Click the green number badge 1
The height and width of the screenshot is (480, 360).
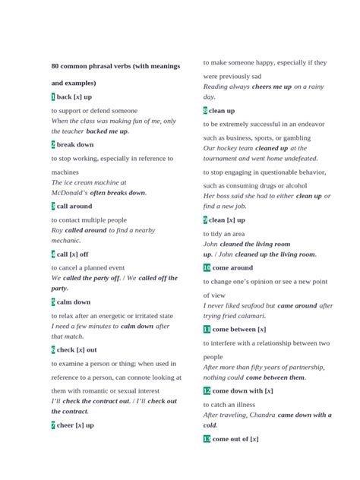53,97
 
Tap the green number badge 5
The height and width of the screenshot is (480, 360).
53,302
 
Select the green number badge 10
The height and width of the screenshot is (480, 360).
207,268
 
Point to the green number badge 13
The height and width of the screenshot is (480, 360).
207,439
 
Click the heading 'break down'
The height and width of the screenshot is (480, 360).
75,144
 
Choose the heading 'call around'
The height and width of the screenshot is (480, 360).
74,206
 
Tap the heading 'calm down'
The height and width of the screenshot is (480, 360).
74,302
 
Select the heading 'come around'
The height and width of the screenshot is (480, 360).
233,268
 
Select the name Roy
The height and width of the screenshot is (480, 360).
57,229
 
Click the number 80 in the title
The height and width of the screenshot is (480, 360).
55,66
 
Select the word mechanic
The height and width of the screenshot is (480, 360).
65,240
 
